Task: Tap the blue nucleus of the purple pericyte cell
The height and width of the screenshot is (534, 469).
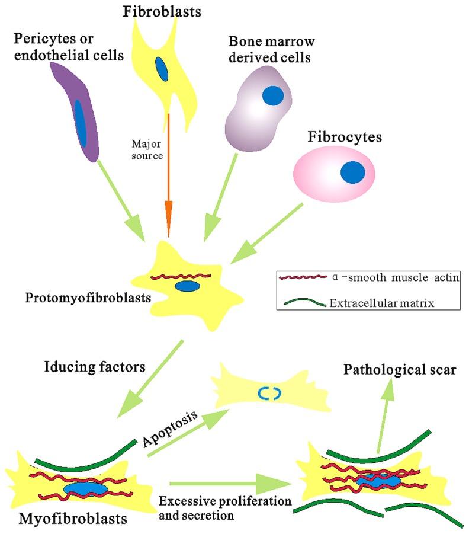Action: click(81, 123)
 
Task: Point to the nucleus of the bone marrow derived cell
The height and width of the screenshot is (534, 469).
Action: click(273, 95)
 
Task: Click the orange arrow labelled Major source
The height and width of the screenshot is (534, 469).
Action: click(168, 178)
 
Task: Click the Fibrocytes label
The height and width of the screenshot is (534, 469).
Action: click(345, 137)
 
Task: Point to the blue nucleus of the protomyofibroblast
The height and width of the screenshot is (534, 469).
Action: click(187, 286)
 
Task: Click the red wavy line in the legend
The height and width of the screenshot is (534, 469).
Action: click(302, 278)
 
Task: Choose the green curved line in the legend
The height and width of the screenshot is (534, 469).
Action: click(302, 304)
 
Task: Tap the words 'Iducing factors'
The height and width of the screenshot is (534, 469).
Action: click(94, 367)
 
